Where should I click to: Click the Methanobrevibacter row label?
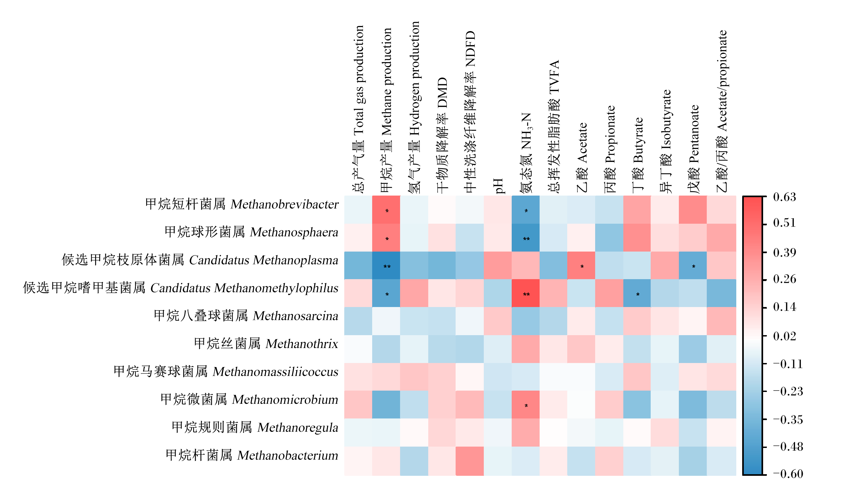tap(242, 204)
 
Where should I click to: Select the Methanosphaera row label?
tap(251, 232)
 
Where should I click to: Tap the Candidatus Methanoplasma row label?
tap(200, 260)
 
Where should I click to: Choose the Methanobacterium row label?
tap(252, 455)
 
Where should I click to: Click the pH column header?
tap(497, 186)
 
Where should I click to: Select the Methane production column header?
tap(386, 110)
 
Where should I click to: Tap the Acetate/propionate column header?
tap(722, 111)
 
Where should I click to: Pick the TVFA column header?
tap(553, 126)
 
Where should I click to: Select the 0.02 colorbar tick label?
tap(784, 336)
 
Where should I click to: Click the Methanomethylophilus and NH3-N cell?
tap(525, 293)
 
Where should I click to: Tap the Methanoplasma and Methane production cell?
tap(386, 265)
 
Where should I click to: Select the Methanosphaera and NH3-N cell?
tap(525, 237)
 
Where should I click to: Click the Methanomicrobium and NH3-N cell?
tap(525, 405)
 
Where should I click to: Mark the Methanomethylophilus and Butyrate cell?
tap(637, 293)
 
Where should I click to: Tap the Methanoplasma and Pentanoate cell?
tap(693, 265)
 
